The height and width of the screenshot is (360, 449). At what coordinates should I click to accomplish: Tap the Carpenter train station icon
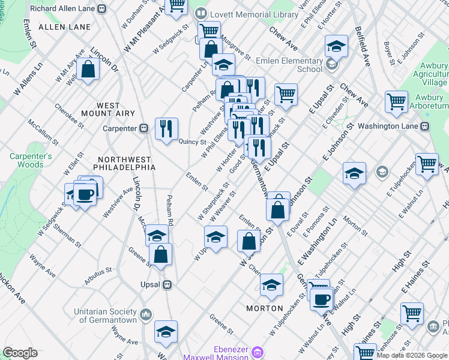coord(144,128)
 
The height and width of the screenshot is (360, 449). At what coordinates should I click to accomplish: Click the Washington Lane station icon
coord(426,127)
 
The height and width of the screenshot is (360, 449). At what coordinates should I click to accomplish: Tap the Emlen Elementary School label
coord(289,65)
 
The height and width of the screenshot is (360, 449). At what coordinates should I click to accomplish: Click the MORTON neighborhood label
coord(265,308)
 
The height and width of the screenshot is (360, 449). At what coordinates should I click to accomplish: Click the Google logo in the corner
coord(20,353)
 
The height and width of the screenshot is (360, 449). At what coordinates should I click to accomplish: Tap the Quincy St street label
coord(193,142)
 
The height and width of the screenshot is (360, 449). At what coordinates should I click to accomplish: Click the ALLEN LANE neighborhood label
coord(64,27)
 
